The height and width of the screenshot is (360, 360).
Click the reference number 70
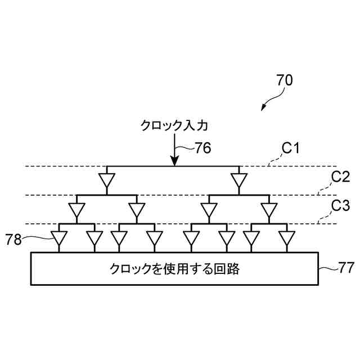(x=285, y=80)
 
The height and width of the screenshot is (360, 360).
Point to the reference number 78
(x=13, y=240)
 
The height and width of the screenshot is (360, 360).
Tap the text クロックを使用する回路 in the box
(x=174, y=269)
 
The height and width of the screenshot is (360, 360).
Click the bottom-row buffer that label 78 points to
(x=59, y=239)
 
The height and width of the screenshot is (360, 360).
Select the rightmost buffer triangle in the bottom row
(x=287, y=239)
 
